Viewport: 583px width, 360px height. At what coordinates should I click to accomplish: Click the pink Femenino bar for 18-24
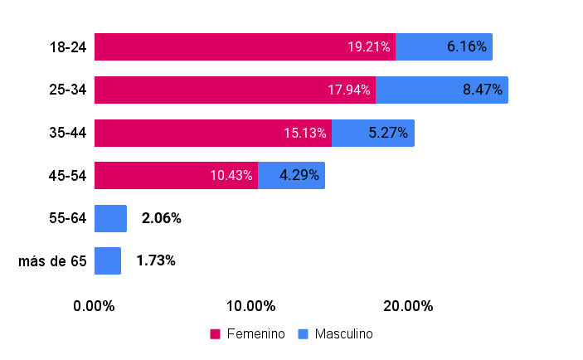point(245,46)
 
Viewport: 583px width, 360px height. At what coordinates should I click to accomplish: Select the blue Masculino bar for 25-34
point(442,90)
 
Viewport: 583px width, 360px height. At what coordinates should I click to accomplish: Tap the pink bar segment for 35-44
point(213,134)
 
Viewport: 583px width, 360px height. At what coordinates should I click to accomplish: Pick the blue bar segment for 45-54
point(292,176)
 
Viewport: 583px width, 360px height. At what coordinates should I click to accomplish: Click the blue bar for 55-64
point(110,219)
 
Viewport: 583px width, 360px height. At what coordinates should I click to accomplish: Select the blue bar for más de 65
point(108,261)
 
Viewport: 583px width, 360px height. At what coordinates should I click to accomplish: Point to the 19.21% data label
point(369,46)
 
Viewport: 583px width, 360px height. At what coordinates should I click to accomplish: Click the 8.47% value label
point(483,90)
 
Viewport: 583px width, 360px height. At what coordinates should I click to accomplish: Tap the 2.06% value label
point(162,218)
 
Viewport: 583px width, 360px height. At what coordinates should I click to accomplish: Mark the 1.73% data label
point(156,260)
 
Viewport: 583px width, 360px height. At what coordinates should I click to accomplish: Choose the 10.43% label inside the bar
point(231,175)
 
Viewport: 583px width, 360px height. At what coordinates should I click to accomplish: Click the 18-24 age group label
point(68,47)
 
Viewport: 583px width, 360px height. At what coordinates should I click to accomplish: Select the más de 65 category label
point(52,261)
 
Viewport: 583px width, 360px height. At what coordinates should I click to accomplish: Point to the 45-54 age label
point(68,176)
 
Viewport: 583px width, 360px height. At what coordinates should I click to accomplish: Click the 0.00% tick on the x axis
point(94,306)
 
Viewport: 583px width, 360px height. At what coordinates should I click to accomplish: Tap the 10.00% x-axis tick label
point(251,306)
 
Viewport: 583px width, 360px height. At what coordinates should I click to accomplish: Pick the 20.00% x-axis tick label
point(408,306)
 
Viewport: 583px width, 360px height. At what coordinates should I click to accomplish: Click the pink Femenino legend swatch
point(215,334)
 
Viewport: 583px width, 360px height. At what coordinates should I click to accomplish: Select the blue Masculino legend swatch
point(303,334)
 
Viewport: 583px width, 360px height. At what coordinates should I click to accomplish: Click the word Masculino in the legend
point(344,334)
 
